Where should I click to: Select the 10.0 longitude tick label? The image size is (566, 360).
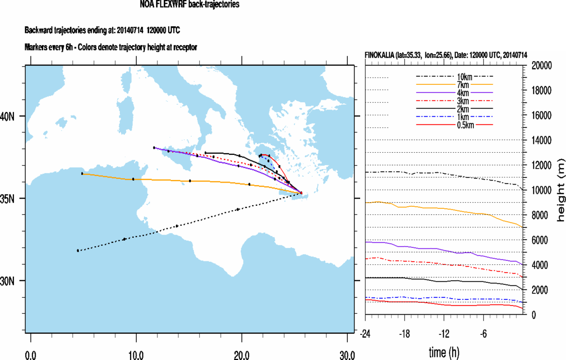click(x=136, y=355)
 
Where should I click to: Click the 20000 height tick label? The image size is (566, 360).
click(x=542, y=66)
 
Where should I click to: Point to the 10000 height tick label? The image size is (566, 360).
click(x=542, y=190)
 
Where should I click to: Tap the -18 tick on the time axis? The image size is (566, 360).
click(x=404, y=332)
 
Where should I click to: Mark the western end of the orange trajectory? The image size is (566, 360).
click(x=82, y=174)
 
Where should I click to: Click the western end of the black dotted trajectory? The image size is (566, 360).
click(x=78, y=250)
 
